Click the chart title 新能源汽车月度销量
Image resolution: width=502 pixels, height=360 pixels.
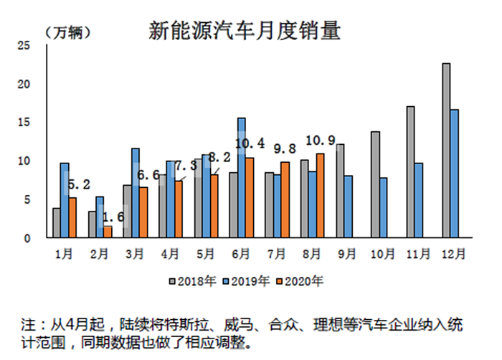tap(245, 30)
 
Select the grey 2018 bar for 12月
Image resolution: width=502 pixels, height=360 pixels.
tap(446, 150)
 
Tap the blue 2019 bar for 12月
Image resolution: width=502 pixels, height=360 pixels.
tap(455, 173)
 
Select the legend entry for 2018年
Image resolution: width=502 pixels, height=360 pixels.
tap(192, 280)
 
